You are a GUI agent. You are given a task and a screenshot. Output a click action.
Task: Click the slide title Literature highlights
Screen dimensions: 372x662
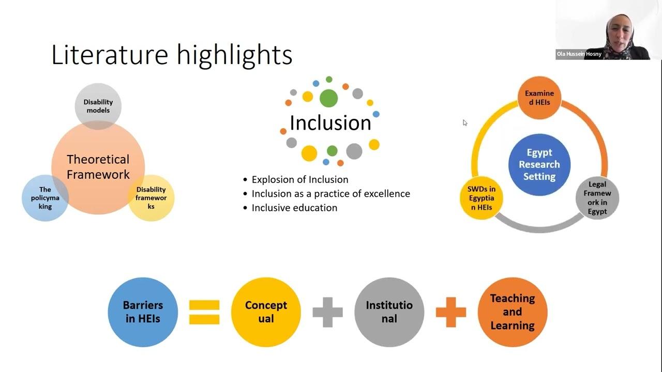pos(172,55)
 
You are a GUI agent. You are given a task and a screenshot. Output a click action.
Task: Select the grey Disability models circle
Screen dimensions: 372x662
pos(98,106)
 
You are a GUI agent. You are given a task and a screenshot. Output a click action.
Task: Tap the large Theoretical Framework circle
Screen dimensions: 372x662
pos(98,167)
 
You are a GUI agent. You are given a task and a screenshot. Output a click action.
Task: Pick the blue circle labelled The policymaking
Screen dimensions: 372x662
pos(45,198)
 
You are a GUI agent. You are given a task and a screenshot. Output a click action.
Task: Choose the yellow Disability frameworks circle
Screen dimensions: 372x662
pos(151,198)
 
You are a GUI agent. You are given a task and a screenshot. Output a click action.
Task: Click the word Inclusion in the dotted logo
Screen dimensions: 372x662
pos(330,123)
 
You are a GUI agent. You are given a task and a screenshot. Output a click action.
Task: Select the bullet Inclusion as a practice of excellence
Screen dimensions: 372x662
pos(330,194)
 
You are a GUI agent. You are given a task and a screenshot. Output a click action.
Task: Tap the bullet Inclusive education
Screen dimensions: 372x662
pos(294,208)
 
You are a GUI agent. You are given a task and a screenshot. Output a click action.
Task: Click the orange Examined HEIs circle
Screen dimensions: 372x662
pos(539,98)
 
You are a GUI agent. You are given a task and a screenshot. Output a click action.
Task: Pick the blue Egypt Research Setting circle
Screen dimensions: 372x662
pos(539,164)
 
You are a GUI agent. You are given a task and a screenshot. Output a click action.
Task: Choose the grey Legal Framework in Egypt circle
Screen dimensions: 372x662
pos(597,198)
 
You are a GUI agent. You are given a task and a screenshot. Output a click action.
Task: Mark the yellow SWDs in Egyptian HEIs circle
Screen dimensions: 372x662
pos(481,198)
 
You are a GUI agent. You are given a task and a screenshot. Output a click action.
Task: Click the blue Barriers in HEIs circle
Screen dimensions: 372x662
pos(143,312)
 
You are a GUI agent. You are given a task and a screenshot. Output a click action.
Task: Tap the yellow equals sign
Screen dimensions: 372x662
pos(204,312)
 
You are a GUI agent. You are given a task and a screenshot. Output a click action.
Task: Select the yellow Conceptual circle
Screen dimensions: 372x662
pos(266,312)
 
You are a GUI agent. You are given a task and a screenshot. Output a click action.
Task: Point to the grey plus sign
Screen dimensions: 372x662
pos(327,312)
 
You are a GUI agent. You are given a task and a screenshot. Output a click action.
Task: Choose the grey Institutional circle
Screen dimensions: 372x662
pos(389,312)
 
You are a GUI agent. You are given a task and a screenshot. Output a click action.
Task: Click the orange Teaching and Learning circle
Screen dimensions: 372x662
pos(512,312)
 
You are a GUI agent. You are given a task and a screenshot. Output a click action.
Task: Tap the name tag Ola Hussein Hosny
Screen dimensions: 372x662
pos(579,54)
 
